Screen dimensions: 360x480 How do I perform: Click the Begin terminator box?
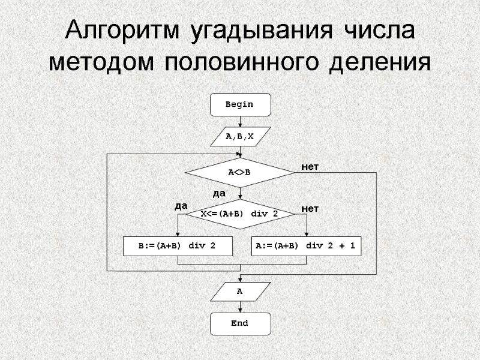tap(240, 104)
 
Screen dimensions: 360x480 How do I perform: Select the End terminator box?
tap(240, 323)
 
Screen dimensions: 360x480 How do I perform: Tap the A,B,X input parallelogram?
tap(240, 137)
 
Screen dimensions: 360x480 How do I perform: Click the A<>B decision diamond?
tap(240, 172)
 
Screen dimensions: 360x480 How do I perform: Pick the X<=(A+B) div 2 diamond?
tap(240, 214)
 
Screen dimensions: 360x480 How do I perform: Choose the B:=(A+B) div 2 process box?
tap(178, 246)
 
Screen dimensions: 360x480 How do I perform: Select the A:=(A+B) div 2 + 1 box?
tap(307, 246)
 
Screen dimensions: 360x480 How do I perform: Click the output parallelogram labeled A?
tap(240, 292)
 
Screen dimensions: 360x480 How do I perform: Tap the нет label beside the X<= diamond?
tap(310, 208)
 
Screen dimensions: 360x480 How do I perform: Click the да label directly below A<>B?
tap(219, 193)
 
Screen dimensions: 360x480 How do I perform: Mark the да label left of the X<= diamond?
tap(181, 206)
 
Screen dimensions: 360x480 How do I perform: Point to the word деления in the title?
tap(379, 62)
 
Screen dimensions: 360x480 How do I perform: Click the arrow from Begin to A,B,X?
tap(240, 121)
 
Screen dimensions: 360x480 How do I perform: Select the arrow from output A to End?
tap(240, 307)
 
